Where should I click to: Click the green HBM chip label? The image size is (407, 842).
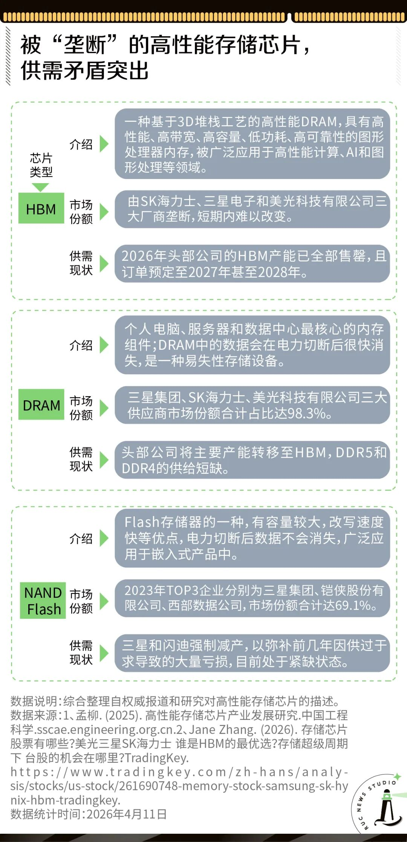pos(41,209)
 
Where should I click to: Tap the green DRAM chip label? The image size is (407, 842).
pos(41,405)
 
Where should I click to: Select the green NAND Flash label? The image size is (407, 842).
pos(43,601)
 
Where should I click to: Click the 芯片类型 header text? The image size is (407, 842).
pos(41,165)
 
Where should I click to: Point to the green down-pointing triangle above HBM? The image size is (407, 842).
pos(40,187)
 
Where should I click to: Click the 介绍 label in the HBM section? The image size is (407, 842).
pos(81,144)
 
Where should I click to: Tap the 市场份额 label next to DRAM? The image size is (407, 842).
pos(81,408)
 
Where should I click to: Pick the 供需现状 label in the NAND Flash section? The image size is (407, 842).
pos(81,652)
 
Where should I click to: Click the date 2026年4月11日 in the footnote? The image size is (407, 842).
pos(127,814)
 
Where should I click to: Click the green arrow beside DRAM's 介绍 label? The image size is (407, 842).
pos(104,345)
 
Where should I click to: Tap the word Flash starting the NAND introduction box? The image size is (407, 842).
pos(142,522)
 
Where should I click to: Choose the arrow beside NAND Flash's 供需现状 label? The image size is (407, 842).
pos(104,653)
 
